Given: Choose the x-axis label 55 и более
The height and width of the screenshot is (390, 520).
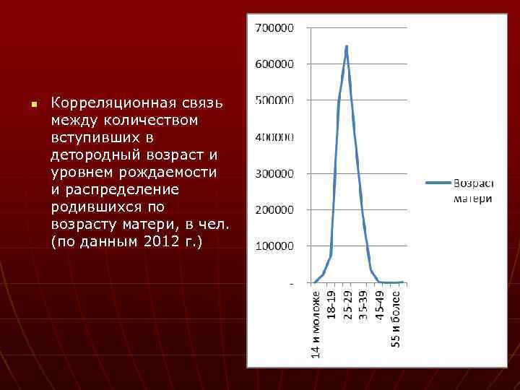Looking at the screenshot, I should tap(396, 318).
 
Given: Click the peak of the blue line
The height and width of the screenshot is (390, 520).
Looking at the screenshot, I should tap(347, 46).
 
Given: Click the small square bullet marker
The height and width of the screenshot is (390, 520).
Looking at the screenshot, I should tap(33, 105).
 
